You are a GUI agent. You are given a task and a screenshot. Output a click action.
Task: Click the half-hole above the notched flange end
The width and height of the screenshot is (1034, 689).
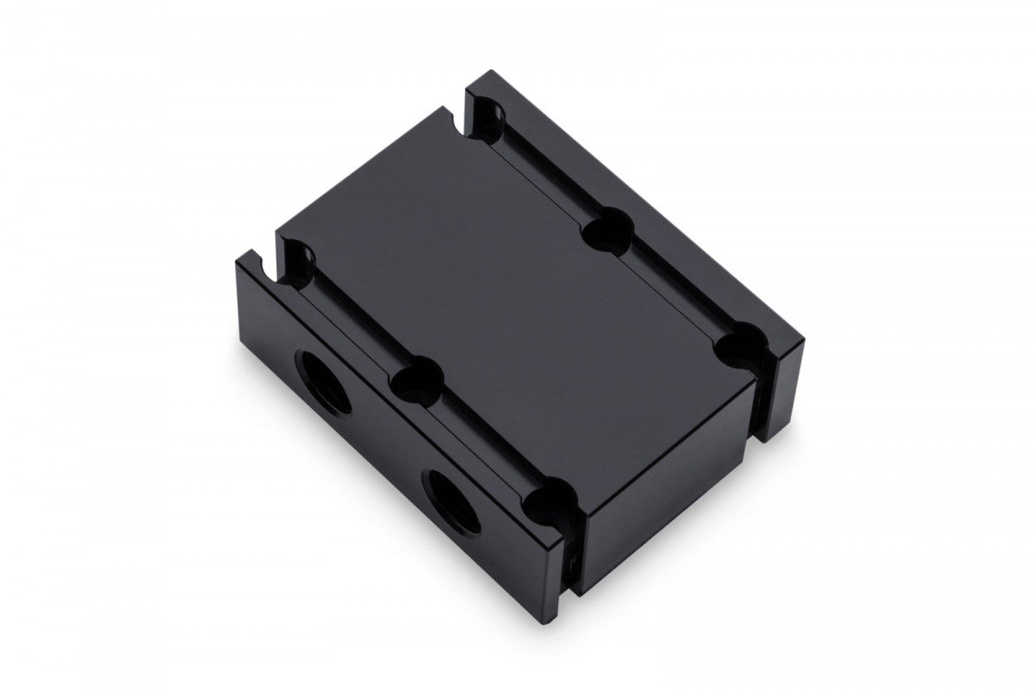coord(298,258)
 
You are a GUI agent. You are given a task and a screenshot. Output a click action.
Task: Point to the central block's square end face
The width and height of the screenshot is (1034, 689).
coord(663,508)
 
